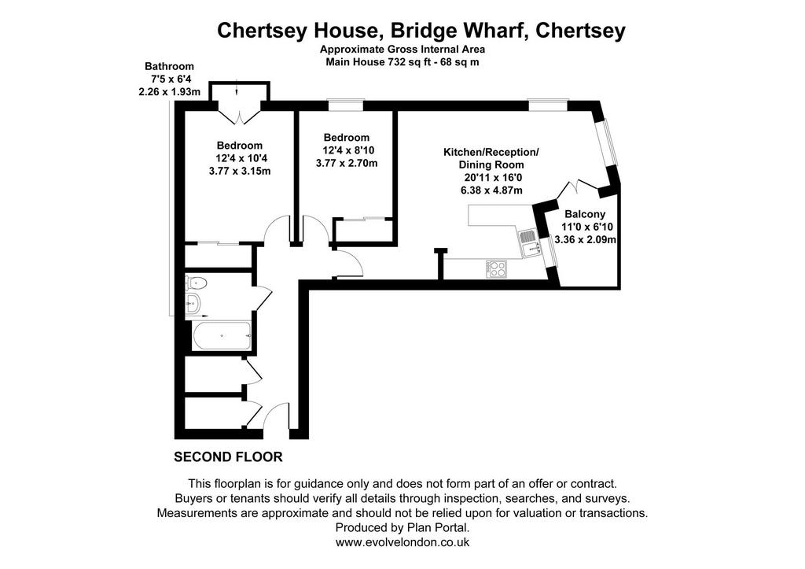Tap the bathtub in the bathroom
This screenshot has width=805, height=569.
click(221, 335)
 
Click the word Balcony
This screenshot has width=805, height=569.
click(585, 214)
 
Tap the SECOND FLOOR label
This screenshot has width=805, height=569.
click(228, 456)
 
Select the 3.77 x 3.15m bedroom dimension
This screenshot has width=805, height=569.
click(240, 171)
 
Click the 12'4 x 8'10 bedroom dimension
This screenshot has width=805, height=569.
click(348, 150)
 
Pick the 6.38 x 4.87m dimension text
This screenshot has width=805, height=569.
click(491, 190)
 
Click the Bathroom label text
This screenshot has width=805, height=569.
click(170, 66)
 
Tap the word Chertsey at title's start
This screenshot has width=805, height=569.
click(255, 31)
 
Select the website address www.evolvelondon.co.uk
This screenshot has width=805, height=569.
click(402, 541)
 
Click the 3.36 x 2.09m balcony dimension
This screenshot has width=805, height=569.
click(586, 239)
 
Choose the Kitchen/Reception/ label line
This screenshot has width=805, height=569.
click(491, 152)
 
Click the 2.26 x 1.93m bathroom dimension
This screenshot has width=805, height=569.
click(170, 92)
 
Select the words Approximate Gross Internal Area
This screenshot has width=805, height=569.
click(402, 50)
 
